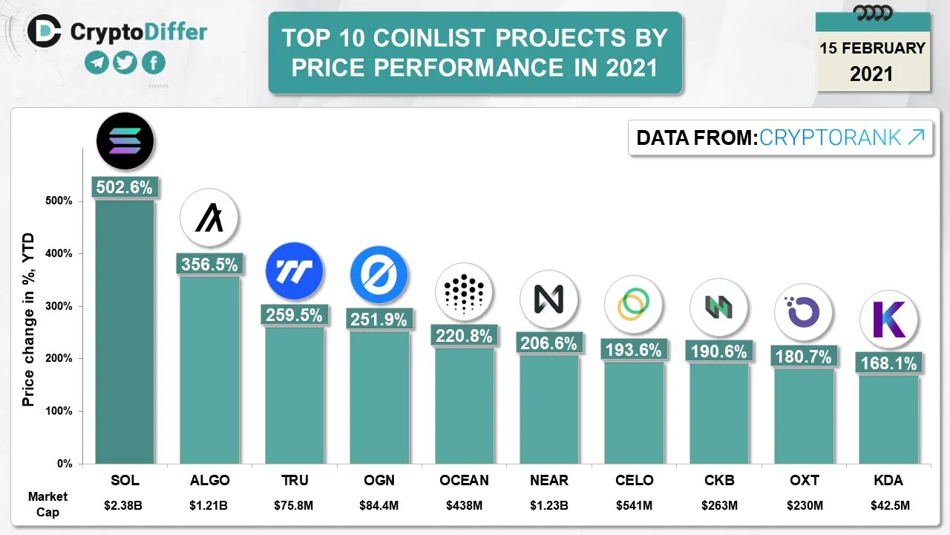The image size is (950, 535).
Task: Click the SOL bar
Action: point(125,331)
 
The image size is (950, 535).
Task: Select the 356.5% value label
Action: point(209,265)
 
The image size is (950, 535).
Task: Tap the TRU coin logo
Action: point(295,270)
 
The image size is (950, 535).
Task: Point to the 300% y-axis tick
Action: point(60,306)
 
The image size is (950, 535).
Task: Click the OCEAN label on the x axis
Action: point(465,480)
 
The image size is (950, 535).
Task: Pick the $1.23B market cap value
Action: point(549,506)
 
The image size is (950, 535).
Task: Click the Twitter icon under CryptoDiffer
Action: point(125,62)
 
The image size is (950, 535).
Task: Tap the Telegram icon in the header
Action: point(96,62)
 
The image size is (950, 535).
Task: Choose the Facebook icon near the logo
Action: point(154,62)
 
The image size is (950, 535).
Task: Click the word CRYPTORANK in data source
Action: point(831,137)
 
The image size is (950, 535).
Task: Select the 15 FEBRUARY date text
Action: point(872,48)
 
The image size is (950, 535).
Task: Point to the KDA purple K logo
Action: point(888,319)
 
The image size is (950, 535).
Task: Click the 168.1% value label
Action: point(888,363)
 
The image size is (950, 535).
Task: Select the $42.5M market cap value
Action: point(888,506)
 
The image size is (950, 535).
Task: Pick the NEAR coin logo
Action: point(549,299)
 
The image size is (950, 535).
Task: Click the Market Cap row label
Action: point(47,504)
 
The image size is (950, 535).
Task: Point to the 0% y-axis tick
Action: point(64,464)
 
